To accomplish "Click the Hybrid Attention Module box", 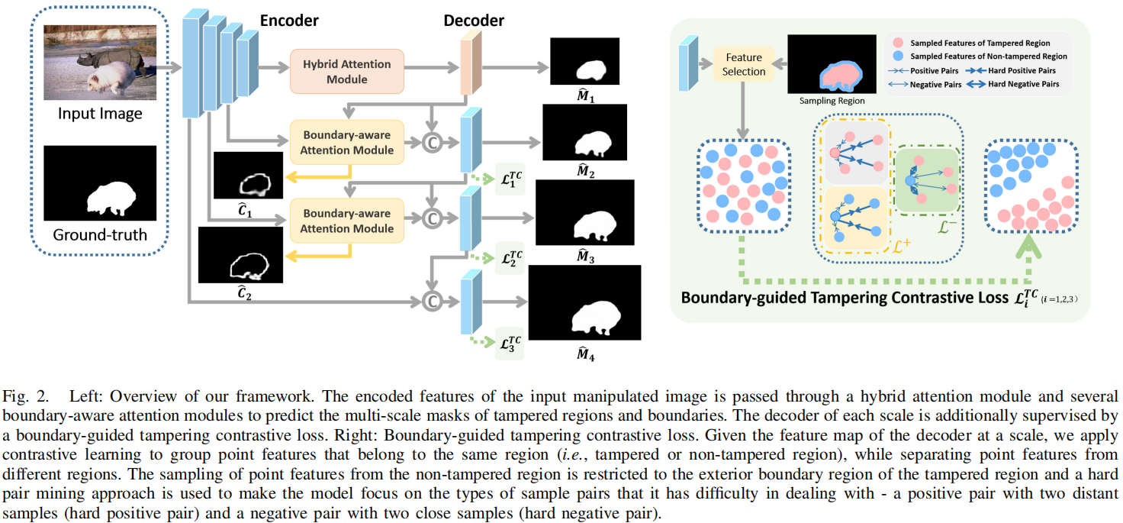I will pos(346,72).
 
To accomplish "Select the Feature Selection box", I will pos(744,64).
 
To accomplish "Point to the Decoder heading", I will pos(473,21).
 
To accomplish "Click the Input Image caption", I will pos(100,115).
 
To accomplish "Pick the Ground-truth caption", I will pos(100,234).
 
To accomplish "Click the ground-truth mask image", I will pos(100,183).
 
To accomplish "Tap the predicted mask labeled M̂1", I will pos(586,61).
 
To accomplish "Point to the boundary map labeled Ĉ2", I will pos(233,255).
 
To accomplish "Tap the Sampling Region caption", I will pos(832,100).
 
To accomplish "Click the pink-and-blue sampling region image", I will pos(832,64).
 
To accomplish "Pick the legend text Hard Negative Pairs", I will pos(1023,85).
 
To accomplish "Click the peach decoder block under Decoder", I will pos(467,68).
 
